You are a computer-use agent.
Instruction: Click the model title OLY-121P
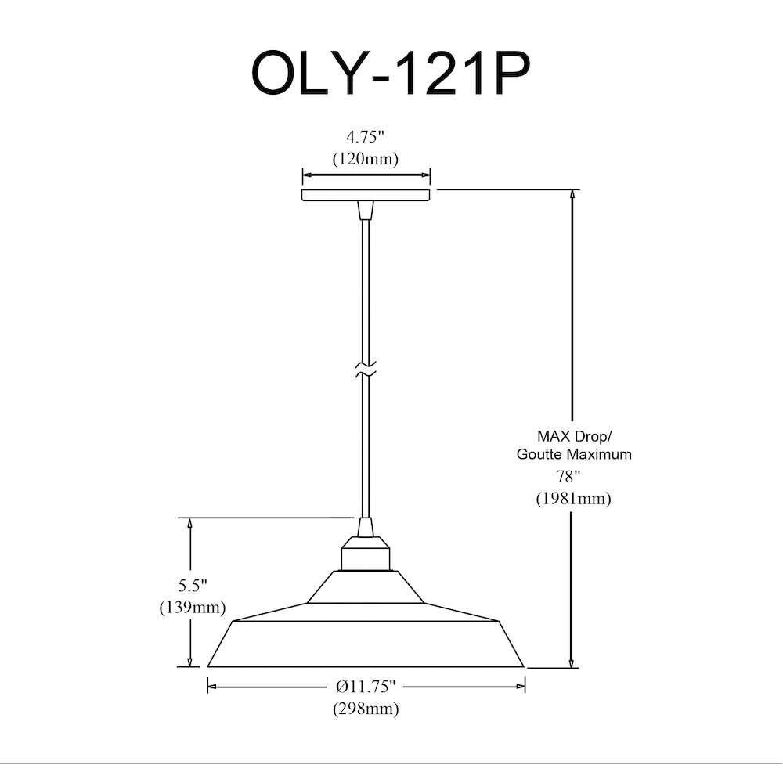click(x=390, y=74)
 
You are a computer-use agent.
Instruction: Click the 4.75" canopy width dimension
click(x=366, y=136)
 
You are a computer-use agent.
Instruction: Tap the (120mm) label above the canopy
click(x=366, y=159)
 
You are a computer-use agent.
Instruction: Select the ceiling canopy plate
click(x=366, y=195)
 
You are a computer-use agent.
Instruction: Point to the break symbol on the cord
click(x=366, y=370)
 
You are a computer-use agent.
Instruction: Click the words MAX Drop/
click(x=574, y=436)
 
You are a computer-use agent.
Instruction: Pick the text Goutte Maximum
click(x=574, y=454)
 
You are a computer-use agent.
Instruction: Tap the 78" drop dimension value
click(x=568, y=477)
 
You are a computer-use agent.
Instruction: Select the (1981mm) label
click(x=574, y=498)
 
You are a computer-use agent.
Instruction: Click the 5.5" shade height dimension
click(x=193, y=585)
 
